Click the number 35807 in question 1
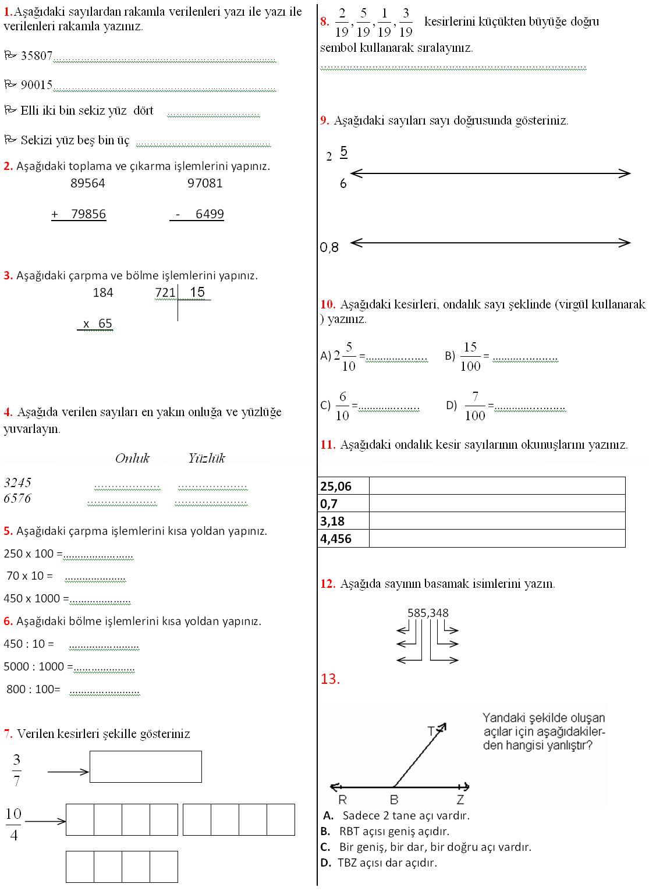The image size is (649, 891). (x=37, y=56)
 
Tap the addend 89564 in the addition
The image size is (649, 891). (x=88, y=183)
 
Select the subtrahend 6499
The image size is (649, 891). (x=210, y=214)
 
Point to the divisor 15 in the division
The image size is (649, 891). (x=197, y=292)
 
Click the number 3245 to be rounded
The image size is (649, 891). (x=17, y=482)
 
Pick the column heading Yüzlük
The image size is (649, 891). (x=207, y=459)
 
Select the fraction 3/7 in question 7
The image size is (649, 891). (x=16, y=770)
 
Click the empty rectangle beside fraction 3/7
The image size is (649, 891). (x=146, y=766)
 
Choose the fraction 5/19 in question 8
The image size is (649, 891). (x=363, y=23)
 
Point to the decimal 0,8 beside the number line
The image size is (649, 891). (x=329, y=248)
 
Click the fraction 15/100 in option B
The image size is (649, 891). (x=470, y=357)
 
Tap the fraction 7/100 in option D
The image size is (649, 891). (x=475, y=406)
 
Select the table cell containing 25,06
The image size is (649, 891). (x=343, y=486)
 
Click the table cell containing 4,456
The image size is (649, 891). (x=343, y=539)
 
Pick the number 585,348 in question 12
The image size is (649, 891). (x=428, y=613)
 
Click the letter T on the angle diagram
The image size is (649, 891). (x=431, y=731)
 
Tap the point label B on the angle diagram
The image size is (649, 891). (x=394, y=800)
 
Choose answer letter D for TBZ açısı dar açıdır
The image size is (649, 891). (x=325, y=862)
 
